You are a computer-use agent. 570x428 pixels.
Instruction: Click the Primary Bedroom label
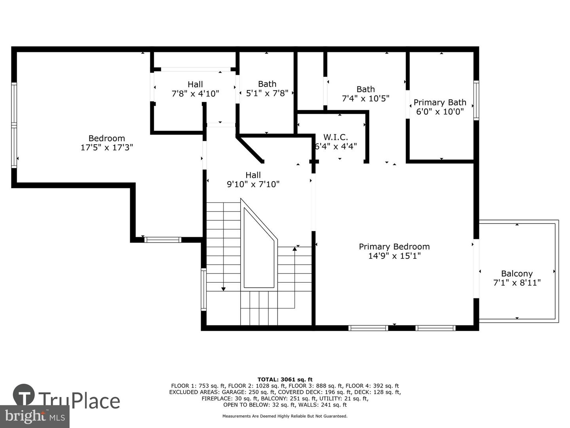tap(394, 246)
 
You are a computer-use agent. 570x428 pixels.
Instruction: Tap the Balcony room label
tap(517, 273)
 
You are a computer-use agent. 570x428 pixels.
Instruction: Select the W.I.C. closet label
tap(336, 137)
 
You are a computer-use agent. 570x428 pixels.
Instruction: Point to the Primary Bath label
tap(440, 102)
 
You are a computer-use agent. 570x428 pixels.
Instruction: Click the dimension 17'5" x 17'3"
tap(107, 147)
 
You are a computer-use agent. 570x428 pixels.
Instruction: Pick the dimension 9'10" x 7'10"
tap(253, 184)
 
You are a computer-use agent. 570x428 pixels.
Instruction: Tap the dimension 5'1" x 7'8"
tap(267, 93)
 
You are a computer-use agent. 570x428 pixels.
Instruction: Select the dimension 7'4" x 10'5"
tap(366, 99)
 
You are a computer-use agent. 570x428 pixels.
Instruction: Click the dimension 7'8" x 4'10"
tap(195, 93)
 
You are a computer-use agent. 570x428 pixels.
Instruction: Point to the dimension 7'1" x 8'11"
tap(517, 283)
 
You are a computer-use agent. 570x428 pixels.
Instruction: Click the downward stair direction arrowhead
tap(223, 289)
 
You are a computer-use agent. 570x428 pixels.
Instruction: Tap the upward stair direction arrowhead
tap(294, 249)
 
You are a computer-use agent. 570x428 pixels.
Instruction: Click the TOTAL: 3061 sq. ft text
tap(285, 380)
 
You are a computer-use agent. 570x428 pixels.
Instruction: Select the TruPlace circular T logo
tap(24, 395)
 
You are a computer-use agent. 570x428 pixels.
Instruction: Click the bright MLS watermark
tap(34, 417)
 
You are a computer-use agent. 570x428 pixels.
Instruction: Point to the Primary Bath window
tap(476, 100)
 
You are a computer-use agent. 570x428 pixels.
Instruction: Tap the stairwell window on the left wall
tap(203, 289)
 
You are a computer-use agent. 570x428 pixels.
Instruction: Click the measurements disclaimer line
tap(285, 416)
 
